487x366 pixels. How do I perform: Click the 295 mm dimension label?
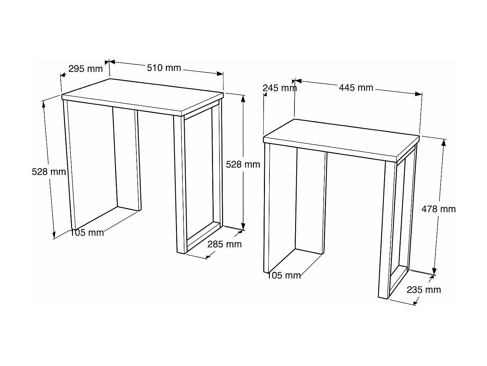coord(86,69)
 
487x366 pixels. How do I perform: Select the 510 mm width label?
coord(164,68)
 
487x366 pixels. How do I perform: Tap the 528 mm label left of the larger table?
coord(49,172)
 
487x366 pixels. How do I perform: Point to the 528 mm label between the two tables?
coord(243,164)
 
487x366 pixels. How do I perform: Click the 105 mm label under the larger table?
coord(87,233)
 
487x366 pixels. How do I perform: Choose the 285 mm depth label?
coord(225,244)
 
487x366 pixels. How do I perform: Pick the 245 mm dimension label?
coord(280,88)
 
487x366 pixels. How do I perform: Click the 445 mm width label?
coord(356,88)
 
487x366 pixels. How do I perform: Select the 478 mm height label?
coord(439,209)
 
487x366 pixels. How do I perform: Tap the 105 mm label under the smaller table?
coord(284,276)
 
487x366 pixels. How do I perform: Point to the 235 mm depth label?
coord(424,290)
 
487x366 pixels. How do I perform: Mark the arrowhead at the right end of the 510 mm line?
coord(220,74)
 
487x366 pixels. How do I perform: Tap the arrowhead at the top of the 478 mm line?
coord(443,143)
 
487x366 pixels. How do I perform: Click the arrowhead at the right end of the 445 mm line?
coord(419,94)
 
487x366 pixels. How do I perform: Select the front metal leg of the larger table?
coord(180,184)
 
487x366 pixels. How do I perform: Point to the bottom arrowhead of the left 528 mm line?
coord(54,235)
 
